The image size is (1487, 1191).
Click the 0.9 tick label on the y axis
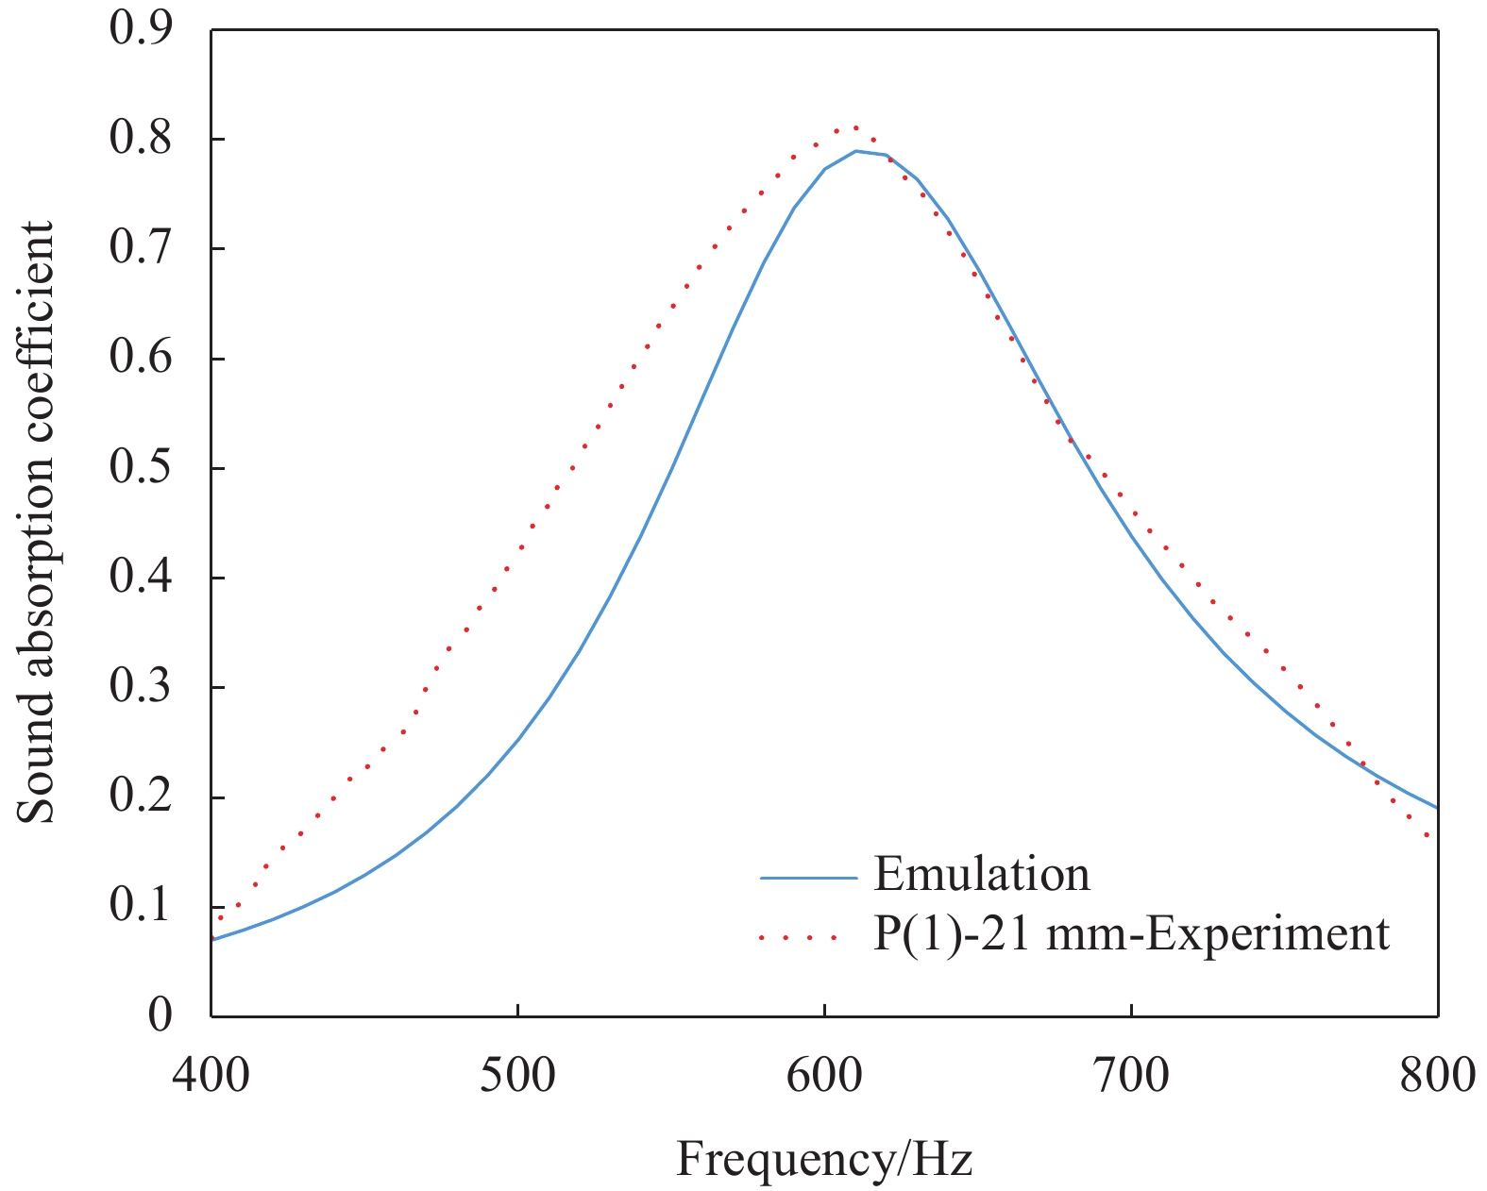coord(141,28)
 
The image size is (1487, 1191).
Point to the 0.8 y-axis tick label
coord(141,139)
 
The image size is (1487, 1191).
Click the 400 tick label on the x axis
coord(211,1075)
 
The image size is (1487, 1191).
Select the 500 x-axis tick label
coord(517,1075)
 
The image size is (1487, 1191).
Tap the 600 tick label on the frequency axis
coord(824,1075)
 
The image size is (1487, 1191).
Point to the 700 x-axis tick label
coord(1131,1075)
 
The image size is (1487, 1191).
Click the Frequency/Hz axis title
coord(824,1159)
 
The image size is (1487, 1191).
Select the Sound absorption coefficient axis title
coord(38,522)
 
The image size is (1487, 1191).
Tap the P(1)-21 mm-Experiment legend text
coord(1131,934)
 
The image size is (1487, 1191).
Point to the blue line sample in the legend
coord(808,878)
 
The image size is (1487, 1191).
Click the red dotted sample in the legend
coord(799,938)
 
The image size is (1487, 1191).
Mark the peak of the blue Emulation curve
coord(856,151)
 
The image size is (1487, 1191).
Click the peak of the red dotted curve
coord(854,126)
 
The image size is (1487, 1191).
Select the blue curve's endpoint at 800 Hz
coord(1436,807)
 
